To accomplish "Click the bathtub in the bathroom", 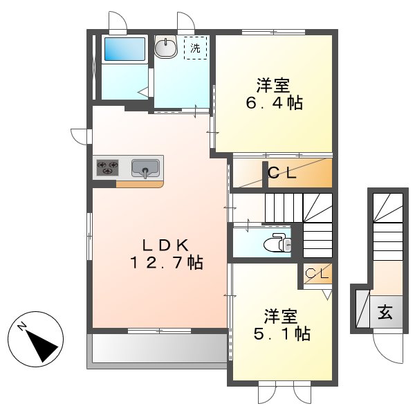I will [124, 49].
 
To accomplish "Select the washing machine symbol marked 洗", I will [195, 48].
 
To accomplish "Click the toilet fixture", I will [279, 243].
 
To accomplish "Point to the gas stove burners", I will [107, 167].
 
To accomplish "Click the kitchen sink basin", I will [145, 168].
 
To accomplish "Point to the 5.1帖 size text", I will [280, 334].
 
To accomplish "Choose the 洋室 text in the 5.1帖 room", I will [280, 317].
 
